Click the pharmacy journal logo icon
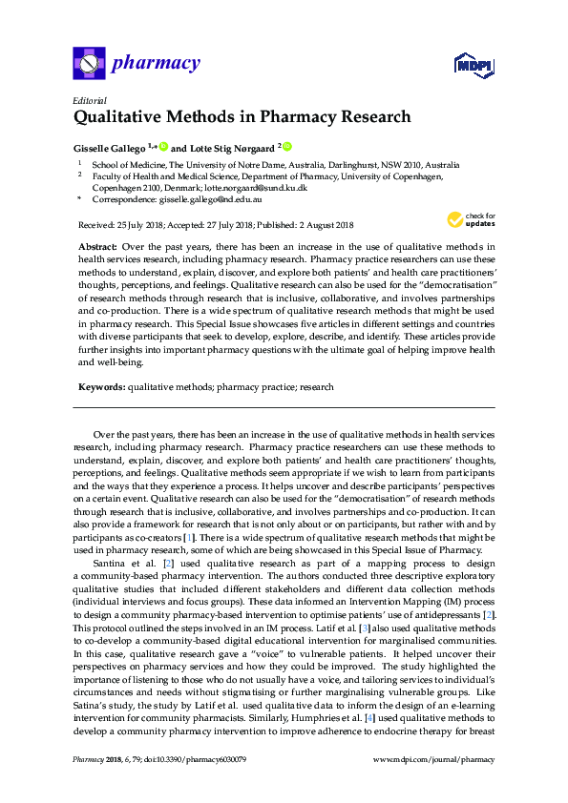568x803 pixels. pos(89,64)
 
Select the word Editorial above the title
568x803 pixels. pos(89,100)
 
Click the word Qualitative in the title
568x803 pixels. pos(119,118)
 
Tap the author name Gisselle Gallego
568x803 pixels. pos(111,148)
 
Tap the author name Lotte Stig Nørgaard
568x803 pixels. pos(229,148)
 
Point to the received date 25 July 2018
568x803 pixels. pos(140,225)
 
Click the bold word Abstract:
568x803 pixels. pos(99,245)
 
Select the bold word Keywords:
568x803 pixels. pos(102,388)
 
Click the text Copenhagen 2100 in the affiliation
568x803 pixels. pos(127,189)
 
